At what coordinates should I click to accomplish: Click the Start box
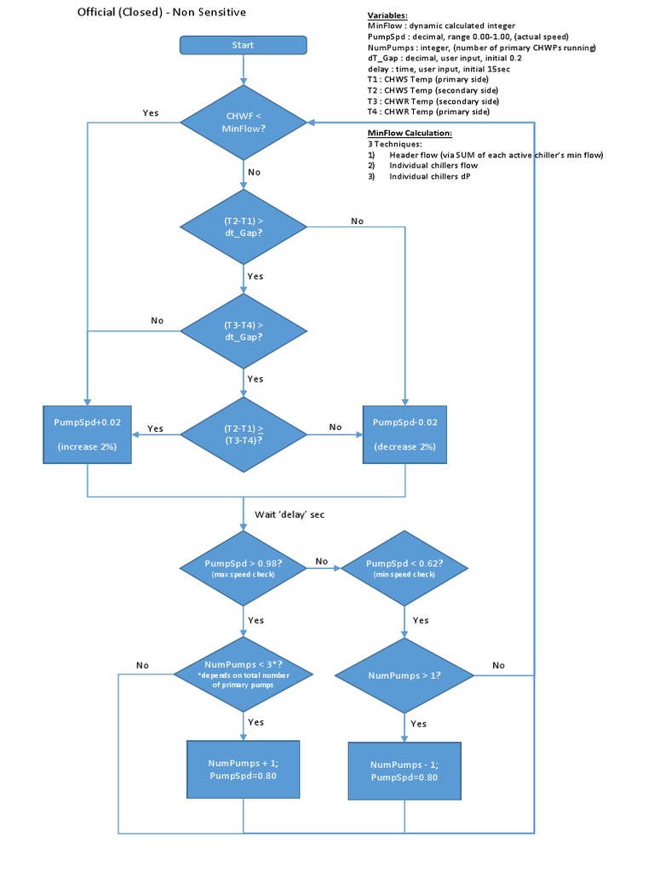[x=243, y=45]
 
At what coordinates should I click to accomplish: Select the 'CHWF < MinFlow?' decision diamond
[x=243, y=123]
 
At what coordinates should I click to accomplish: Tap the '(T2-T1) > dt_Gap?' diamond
[x=243, y=226]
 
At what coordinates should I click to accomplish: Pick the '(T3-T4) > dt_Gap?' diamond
[x=243, y=330]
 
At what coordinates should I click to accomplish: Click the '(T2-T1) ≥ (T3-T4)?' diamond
[x=243, y=434]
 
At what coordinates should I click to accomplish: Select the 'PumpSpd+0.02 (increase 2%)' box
[x=88, y=434]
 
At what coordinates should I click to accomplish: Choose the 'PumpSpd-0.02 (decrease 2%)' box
[x=404, y=434]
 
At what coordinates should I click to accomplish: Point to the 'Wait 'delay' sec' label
[x=290, y=514]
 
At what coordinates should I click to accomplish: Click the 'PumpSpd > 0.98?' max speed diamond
[x=243, y=568]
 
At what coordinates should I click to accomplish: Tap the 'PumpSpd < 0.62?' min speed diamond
[x=404, y=568]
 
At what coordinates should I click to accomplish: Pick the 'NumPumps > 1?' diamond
[x=404, y=675]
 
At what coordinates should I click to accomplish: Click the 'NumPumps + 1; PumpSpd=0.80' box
[x=243, y=770]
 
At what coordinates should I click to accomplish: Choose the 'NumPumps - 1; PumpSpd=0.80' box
[x=404, y=771]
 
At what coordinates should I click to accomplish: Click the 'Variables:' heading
[x=387, y=16]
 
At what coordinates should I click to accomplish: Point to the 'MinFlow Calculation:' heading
[x=410, y=134]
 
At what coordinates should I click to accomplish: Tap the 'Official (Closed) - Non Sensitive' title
[x=163, y=13]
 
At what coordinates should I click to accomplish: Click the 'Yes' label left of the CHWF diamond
[x=150, y=112]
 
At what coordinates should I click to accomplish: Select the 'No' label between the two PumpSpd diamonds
[x=321, y=561]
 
